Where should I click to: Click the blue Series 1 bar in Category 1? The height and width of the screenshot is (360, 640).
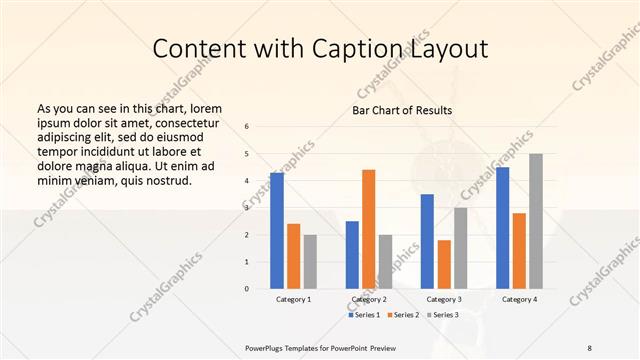tap(277, 230)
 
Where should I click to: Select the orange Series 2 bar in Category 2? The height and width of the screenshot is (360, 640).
tap(368, 228)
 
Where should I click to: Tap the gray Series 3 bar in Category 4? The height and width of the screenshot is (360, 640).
tap(536, 220)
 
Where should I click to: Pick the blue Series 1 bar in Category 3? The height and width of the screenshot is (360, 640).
tap(427, 240)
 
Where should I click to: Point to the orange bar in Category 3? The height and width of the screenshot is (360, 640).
tap(444, 263)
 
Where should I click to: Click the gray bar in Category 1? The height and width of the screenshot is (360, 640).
tap(310, 261)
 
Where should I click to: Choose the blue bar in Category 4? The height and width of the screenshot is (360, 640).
tap(502, 227)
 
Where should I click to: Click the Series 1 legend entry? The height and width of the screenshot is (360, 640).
tap(364, 315)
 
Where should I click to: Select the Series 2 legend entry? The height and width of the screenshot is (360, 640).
tap(401, 315)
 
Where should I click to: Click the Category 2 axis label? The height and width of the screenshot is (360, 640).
tap(369, 299)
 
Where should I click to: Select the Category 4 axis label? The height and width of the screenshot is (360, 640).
tap(519, 299)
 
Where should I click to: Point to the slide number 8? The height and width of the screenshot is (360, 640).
tap(589, 346)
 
